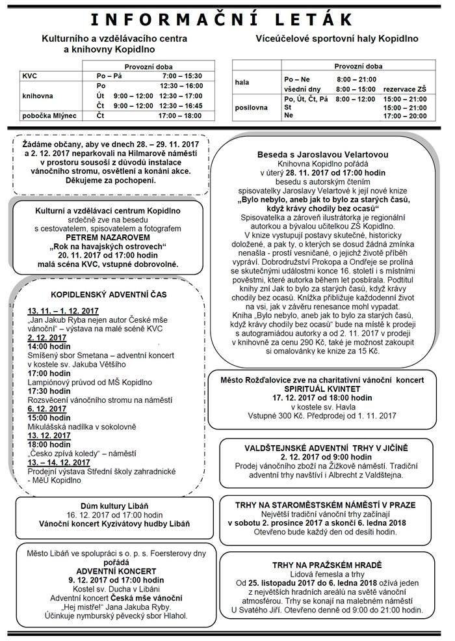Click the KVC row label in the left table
[x=30, y=76]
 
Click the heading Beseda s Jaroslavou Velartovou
[x=322, y=154]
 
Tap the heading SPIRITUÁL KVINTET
[x=322, y=388]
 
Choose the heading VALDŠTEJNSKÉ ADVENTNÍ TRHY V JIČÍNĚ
[x=322, y=448]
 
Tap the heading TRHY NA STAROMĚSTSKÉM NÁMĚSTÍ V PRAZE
[x=322, y=504]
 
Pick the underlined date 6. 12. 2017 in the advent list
[x=47, y=408]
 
